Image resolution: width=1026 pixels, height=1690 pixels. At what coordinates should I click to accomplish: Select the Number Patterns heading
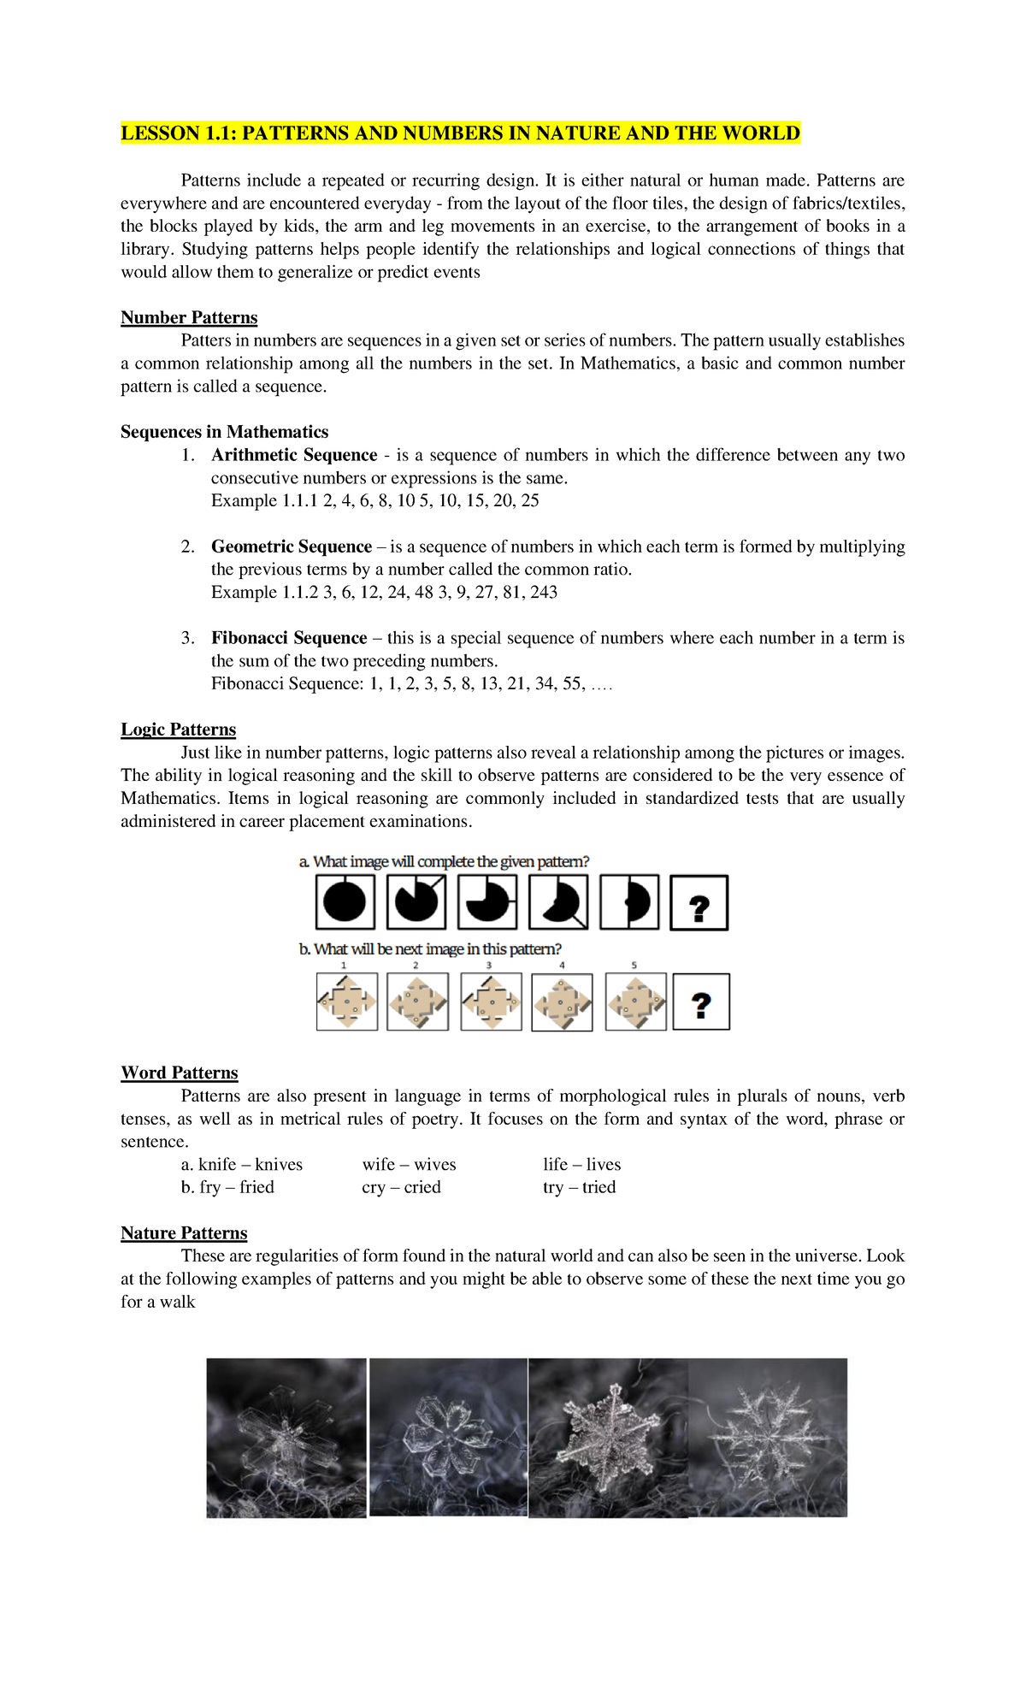click(189, 317)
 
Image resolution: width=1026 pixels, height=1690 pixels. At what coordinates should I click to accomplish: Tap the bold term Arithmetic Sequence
click(294, 455)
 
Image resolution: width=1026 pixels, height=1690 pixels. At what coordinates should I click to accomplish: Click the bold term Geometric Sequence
click(292, 547)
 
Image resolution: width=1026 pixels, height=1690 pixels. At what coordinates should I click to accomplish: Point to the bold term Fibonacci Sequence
click(289, 638)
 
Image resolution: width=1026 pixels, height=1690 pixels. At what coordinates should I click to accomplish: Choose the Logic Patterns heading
click(178, 730)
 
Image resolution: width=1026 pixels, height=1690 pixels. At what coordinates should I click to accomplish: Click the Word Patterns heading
click(180, 1072)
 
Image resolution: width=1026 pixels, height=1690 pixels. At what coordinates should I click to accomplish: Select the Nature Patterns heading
click(184, 1232)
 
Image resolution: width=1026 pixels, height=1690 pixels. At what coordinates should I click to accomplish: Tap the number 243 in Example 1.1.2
click(544, 592)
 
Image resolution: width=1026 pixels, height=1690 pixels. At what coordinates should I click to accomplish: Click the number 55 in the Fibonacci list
click(572, 683)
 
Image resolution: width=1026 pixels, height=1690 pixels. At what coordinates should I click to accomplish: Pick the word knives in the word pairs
click(279, 1164)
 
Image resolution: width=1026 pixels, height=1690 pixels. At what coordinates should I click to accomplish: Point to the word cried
click(422, 1187)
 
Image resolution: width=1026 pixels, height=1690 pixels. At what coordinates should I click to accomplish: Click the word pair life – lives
click(581, 1164)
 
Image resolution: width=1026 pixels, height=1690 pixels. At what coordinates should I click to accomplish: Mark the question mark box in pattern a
click(699, 903)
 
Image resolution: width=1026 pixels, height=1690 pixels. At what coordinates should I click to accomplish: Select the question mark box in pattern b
click(701, 1002)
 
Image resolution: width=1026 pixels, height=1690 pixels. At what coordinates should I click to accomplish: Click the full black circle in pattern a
click(345, 902)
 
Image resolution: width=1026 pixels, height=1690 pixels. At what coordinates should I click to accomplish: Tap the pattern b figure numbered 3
click(491, 1001)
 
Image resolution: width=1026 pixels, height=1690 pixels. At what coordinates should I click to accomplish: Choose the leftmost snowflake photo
click(286, 1438)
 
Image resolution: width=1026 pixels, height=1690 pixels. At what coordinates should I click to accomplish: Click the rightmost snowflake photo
click(768, 1438)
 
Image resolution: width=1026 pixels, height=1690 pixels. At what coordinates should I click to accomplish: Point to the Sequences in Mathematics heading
click(224, 432)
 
